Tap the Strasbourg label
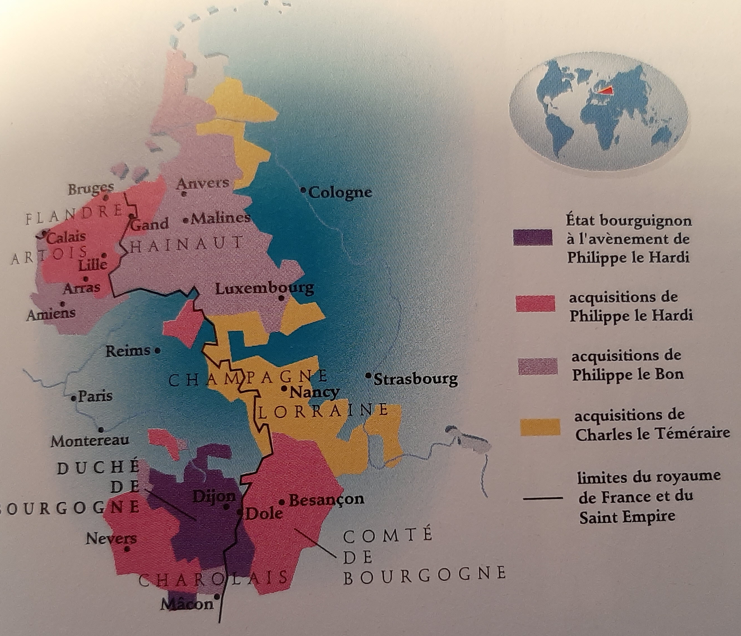415,379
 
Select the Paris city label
95,396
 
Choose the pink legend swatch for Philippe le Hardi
535,303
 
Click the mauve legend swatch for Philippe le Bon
538,366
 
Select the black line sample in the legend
543,498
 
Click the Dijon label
214,496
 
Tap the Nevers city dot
127,549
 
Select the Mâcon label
187,604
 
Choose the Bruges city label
91,189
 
